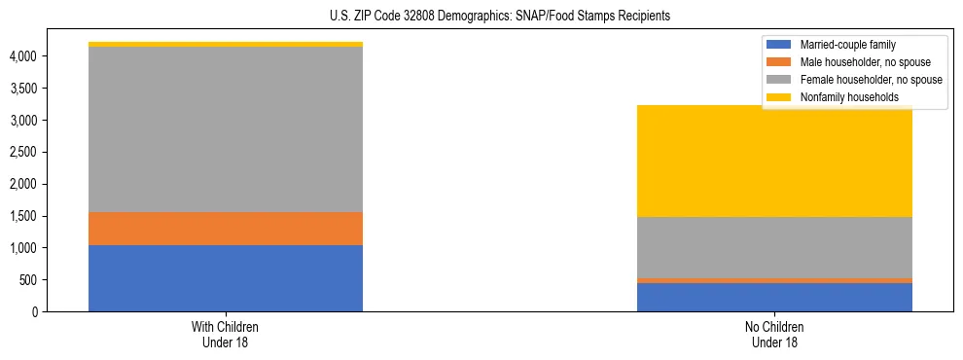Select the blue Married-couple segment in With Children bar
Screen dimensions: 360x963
(225, 278)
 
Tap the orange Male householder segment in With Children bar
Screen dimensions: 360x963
(225, 229)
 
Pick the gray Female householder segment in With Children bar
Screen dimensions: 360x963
(225, 129)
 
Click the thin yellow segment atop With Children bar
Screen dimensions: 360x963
(225, 44)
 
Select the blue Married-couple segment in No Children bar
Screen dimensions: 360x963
(774, 297)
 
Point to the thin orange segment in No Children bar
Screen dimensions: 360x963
(774, 280)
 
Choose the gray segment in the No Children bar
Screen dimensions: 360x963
(774, 247)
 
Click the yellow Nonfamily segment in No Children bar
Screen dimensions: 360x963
(774, 161)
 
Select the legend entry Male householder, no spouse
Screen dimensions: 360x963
(855, 62)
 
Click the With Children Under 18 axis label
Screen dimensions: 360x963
(225, 335)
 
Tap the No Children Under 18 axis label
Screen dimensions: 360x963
(774, 335)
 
